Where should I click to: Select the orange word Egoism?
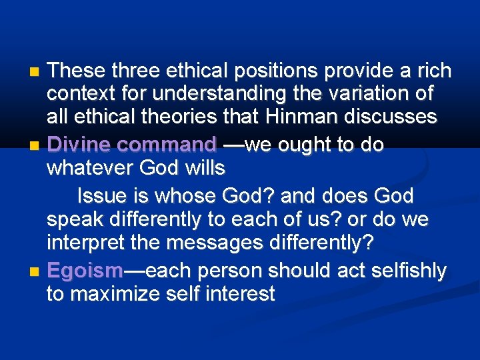pos(85,270)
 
